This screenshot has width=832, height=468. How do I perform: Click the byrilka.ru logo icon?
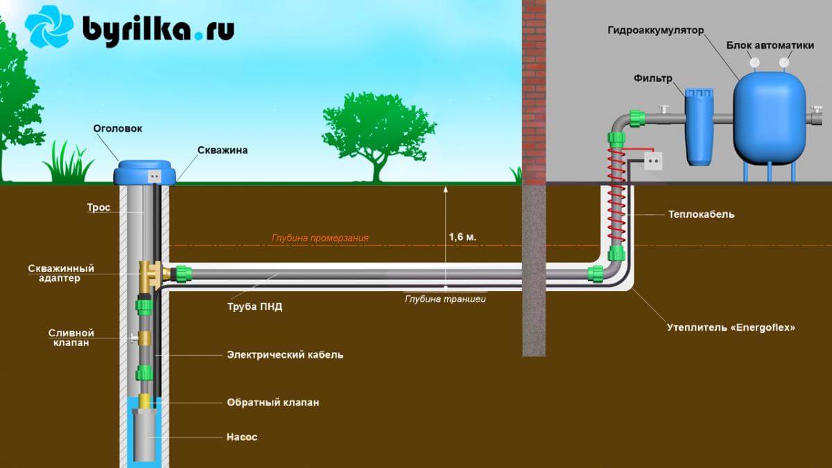tap(49, 28)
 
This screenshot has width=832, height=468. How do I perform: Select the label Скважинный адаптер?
tap(61, 273)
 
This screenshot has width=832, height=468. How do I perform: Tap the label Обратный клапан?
tap(273, 402)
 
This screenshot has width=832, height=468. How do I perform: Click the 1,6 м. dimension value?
tap(462, 237)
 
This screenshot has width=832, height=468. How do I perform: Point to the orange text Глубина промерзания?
tap(320, 238)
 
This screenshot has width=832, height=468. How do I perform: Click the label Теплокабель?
tap(702, 214)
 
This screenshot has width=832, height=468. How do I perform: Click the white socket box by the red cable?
tap(653, 162)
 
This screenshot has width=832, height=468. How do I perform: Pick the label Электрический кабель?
tap(285, 355)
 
